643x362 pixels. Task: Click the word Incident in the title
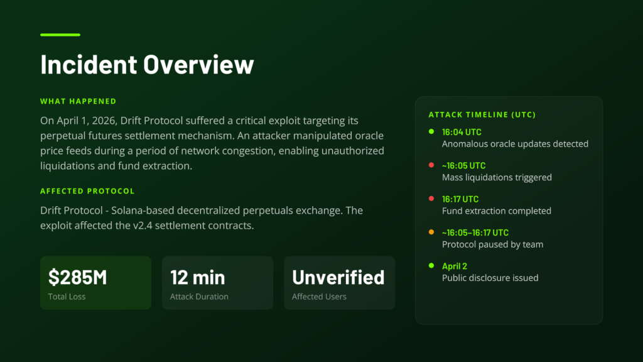click(88, 65)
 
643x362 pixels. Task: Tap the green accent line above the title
click(60, 35)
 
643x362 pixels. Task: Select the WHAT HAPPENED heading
click(78, 101)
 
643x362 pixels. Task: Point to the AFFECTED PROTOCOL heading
click(87, 191)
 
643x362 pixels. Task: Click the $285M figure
click(77, 277)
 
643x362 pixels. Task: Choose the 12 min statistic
click(198, 277)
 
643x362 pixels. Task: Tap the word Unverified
click(338, 277)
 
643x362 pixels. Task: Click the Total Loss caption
click(67, 297)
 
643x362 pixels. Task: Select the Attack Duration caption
click(199, 297)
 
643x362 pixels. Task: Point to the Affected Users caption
click(319, 297)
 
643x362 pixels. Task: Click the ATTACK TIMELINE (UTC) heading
click(482, 115)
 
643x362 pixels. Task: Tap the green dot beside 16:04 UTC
click(431, 132)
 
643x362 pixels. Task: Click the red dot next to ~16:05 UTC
click(431, 165)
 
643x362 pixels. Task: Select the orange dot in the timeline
click(431, 233)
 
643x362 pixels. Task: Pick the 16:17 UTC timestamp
click(460, 199)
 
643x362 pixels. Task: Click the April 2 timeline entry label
click(455, 266)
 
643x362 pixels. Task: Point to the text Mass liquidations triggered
click(497, 177)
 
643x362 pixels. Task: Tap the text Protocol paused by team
click(492, 244)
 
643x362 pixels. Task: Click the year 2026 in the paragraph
click(104, 121)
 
